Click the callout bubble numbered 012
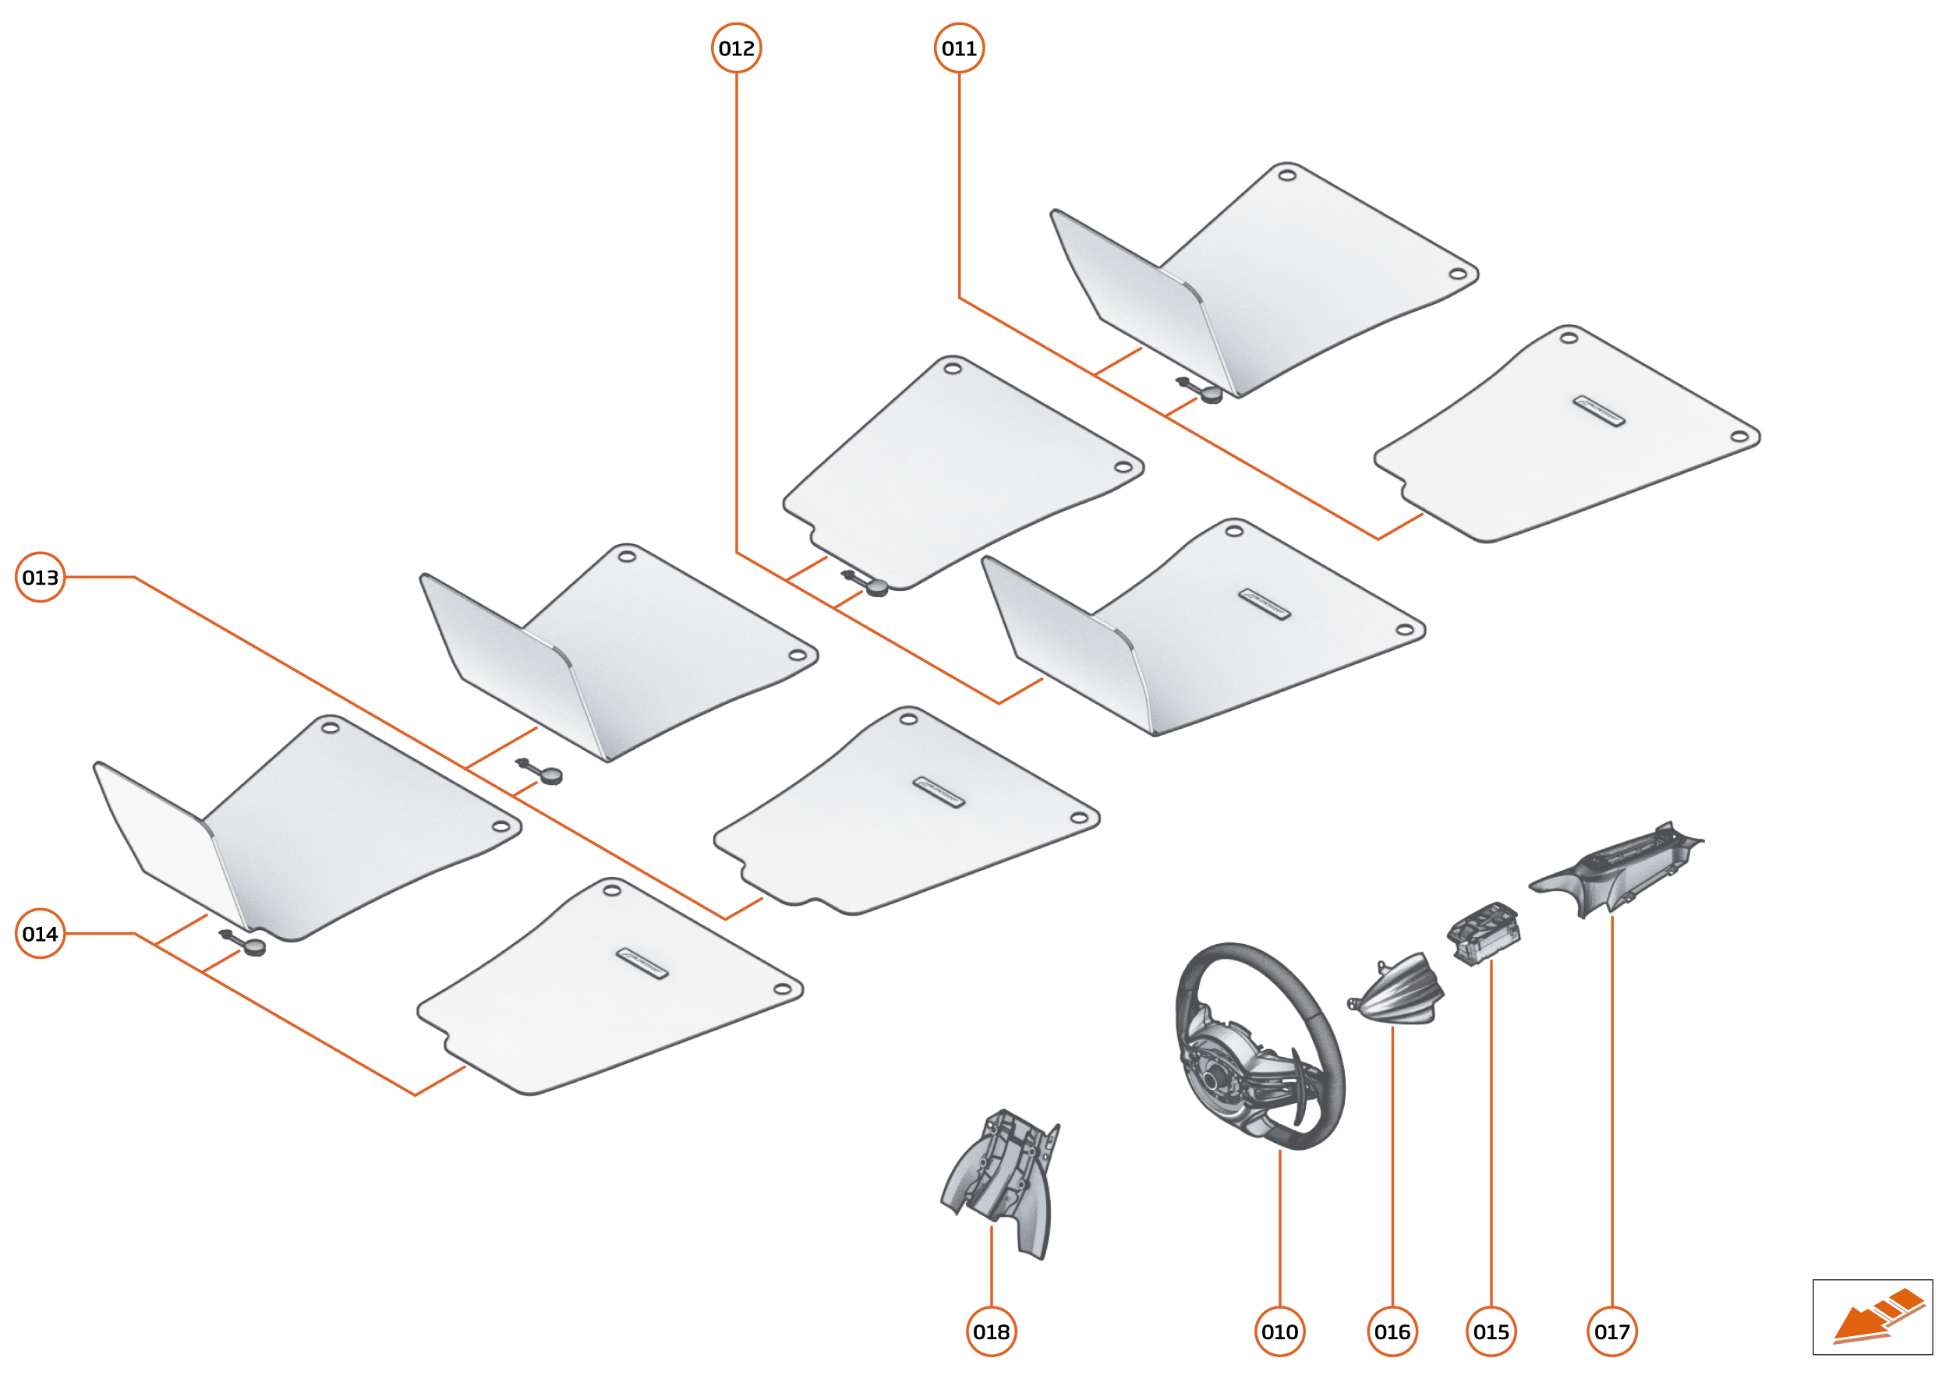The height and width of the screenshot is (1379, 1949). pos(735,48)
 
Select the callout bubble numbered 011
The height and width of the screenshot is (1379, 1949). pos(959,48)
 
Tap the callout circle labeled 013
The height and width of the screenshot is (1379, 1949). pos(40,578)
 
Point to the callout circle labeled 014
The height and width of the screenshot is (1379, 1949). pos(40,934)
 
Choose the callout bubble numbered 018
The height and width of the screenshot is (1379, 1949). pos(991,1331)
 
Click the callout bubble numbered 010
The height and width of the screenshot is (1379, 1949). pos(1279,1331)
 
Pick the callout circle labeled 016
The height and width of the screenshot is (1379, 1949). pos(1392,1331)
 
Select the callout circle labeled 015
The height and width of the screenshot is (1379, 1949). pos(1491,1331)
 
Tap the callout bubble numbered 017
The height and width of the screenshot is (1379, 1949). pos(1611,1331)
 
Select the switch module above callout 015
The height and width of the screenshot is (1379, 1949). pos(1483,932)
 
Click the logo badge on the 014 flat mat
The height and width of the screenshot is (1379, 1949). pos(641,964)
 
